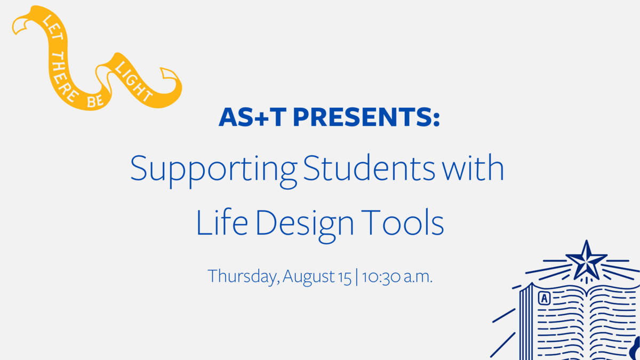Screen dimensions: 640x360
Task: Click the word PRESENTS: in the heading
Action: (366, 117)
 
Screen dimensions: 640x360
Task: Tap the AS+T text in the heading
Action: (253, 117)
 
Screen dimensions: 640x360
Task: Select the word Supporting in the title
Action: (214, 171)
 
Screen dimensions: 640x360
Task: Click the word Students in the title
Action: (369, 168)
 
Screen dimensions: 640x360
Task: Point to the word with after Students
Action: (473, 168)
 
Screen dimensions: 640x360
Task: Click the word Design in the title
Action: (305, 226)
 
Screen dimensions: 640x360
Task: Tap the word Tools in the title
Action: (403, 222)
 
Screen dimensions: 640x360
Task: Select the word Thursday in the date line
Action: (244, 277)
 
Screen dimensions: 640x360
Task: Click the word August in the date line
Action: (309, 277)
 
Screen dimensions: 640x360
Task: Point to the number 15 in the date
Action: (345, 277)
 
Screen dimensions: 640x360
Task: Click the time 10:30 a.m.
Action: (397, 277)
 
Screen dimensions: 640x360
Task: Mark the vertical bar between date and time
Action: (357, 277)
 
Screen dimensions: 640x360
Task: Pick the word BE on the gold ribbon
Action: (95, 101)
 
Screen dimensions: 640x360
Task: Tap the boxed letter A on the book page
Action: (545, 298)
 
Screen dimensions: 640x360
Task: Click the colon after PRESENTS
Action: (436, 118)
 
